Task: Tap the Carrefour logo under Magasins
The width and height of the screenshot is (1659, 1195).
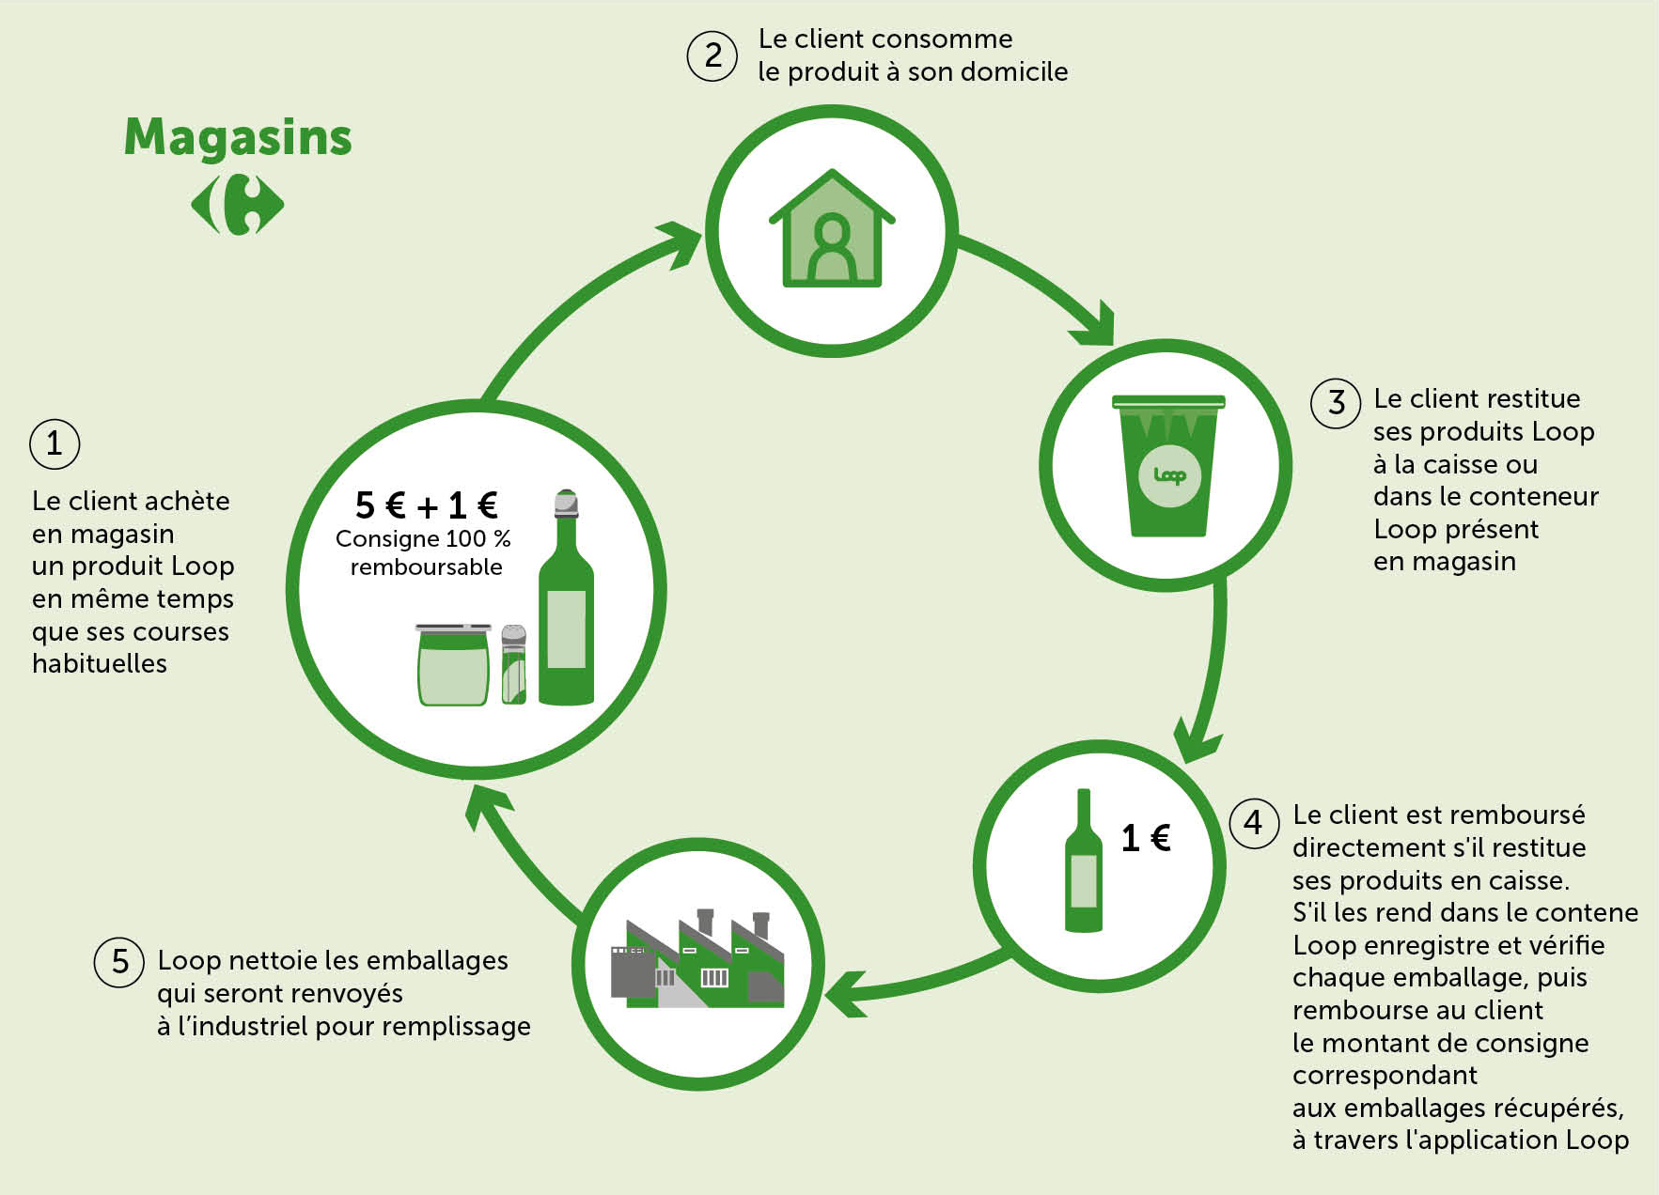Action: pos(238,204)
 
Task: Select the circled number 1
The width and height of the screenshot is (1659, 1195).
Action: pos(55,443)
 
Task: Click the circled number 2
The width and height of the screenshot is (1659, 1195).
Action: pos(712,55)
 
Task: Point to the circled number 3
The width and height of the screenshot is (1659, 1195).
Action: pos(1336,404)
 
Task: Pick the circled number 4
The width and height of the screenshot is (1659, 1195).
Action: pos(1254,824)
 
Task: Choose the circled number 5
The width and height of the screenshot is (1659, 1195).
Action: pos(119,962)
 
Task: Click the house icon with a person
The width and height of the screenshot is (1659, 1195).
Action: pos(832,227)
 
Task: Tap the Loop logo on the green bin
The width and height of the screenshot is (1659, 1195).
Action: pos(1169,475)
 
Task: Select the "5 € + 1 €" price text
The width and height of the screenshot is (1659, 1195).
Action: pos(427,505)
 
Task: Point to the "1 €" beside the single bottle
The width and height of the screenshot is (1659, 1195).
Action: pos(1146,838)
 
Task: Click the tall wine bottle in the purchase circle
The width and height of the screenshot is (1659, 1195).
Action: pos(566,597)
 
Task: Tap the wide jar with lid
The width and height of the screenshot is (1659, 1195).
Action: pos(453,664)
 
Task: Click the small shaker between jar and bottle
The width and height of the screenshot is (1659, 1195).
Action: pos(513,664)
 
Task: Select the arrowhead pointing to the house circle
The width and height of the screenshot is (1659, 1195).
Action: pos(679,244)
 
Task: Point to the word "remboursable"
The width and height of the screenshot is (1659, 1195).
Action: pos(427,566)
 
